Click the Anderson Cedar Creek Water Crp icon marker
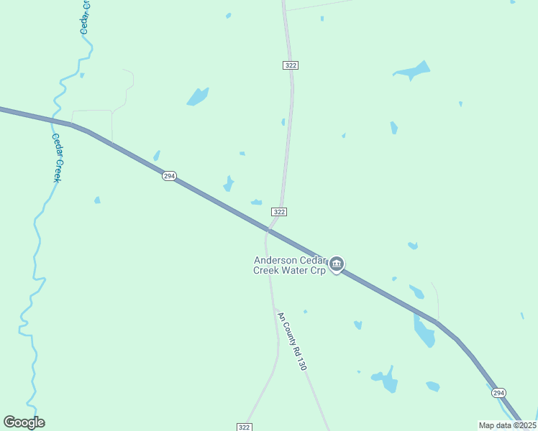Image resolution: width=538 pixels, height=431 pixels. (337, 265)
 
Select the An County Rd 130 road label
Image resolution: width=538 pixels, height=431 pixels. (292, 340)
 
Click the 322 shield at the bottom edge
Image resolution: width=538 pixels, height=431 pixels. (244, 427)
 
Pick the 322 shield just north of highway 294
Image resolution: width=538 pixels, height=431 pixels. (280, 211)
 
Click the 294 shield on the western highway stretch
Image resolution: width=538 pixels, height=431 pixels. (169, 176)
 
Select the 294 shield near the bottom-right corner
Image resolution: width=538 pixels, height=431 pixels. (499, 393)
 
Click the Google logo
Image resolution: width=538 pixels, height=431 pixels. (24, 422)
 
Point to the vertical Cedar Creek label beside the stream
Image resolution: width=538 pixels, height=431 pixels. (57, 157)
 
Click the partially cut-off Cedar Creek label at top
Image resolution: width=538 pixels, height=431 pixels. (84, 16)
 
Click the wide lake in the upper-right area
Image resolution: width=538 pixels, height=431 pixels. (412, 71)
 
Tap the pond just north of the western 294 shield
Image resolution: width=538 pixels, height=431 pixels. (157, 155)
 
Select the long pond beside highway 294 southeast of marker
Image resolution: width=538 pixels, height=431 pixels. (424, 330)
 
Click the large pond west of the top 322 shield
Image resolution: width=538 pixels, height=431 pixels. (197, 96)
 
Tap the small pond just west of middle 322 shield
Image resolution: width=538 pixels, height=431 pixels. (256, 202)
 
